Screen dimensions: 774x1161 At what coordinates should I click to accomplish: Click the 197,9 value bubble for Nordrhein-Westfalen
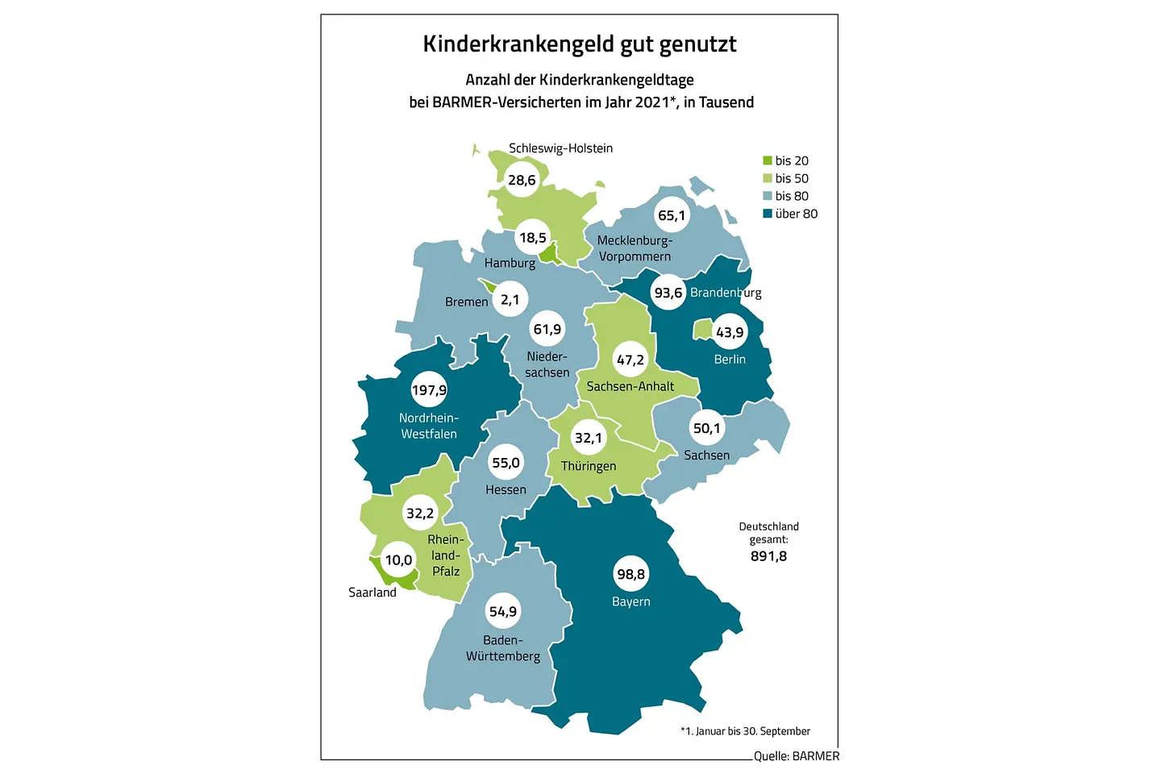[x=429, y=390]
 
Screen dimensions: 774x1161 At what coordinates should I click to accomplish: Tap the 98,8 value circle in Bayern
[x=630, y=574]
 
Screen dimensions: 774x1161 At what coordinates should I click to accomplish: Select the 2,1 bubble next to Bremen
[x=510, y=300]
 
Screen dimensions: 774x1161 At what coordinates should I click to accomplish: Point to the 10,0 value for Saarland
[x=398, y=560]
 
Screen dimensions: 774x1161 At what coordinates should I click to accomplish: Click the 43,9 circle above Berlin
[x=730, y=332]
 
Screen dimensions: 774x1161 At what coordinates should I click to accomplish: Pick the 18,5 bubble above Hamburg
[x=533, y=238]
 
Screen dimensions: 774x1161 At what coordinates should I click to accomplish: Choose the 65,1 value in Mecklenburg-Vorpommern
[x=672, y=215]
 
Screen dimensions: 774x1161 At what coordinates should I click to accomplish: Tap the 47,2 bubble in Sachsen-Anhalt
[x=630, y=360]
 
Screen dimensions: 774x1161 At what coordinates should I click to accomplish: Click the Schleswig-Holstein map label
[x=560, y=148]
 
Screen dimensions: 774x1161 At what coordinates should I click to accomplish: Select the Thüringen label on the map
[x=589, y=466]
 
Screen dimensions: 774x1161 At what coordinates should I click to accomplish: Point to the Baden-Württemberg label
[x=503, y=648]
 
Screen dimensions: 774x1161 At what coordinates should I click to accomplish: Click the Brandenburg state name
[x=726, y=293]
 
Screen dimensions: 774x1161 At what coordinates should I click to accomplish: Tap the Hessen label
[x=506, y=489]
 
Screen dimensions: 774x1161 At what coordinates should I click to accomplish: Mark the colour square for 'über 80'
[x=768, y=214]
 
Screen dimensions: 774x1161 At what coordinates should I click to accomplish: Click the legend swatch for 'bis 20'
[x=768, y=160]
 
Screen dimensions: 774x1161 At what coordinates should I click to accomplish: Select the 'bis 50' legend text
[x=792, y=178]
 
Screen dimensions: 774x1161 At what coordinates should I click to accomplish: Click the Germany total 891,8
[x=768, y=556]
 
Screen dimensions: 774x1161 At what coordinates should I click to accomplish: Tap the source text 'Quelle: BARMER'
[x=797, y=756]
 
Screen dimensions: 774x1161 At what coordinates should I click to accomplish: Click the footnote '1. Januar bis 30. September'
[x=747, y=731]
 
